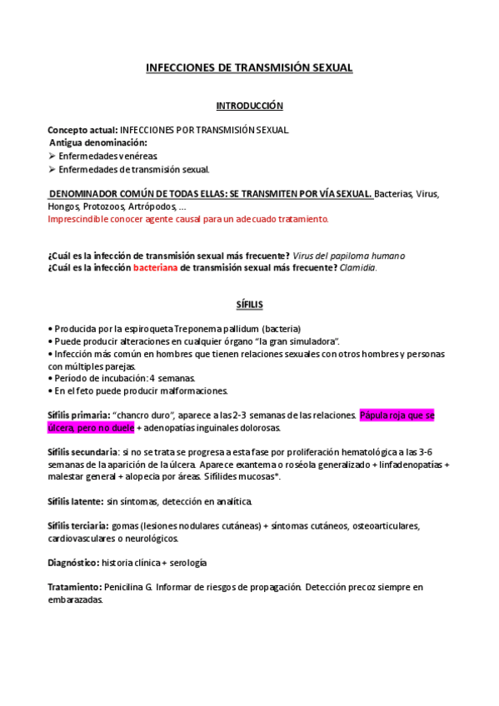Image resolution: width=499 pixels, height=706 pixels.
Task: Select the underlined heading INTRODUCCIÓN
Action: coord(249,106)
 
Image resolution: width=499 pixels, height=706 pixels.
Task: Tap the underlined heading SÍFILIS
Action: coord(249,306)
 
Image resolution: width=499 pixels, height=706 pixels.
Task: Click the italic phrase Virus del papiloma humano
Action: coord(349,255)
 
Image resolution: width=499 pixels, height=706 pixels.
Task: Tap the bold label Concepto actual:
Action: coord(83,131)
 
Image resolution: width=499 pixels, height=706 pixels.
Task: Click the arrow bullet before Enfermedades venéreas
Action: coord(52,156)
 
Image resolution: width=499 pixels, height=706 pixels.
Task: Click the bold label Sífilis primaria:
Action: coord(84,415)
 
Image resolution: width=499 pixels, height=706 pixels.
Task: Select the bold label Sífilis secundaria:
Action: coord(89,450)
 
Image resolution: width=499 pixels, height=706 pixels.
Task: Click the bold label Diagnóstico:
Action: coord(74,563)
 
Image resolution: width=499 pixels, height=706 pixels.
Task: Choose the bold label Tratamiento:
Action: coord(75,587)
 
